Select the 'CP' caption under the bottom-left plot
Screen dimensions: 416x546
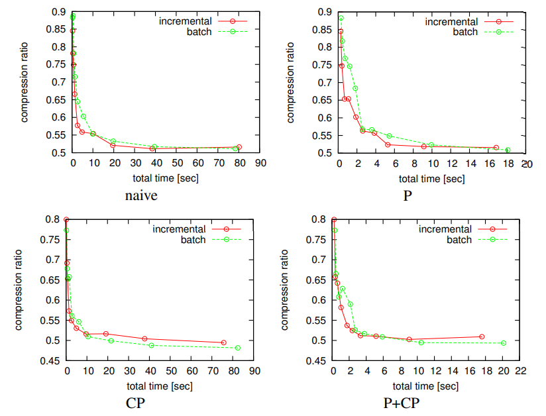point(136,403)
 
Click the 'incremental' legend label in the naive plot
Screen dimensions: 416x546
point(185,21)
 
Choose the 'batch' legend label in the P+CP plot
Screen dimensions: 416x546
point(458,240)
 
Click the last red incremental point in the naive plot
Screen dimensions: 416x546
point(239,147)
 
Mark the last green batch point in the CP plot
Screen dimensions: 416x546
point(238,348)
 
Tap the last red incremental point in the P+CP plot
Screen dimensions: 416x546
point(482,337)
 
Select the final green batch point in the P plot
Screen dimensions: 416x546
point(508,150)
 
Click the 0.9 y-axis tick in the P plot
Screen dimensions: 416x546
point(324,12)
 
